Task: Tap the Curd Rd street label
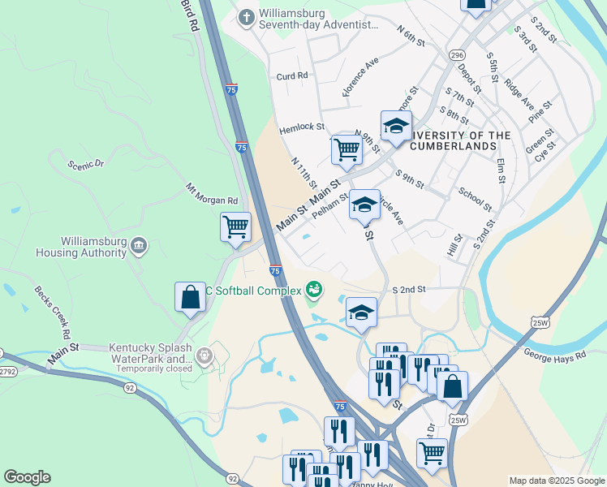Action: tap(292, 75)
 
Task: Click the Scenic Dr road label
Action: tap(87, 164)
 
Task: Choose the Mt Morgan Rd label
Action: tap(211, 194)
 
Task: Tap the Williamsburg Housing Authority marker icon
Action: tap(138, 244)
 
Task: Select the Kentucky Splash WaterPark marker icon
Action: tap(203, 355)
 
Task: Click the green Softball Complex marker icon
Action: tap(313, 289)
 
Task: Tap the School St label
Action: tap(476, 199)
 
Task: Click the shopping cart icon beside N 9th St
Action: tap(347, 149)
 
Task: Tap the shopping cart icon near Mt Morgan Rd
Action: tap(235, 226)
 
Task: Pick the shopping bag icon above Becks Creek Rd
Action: tap(190, 296)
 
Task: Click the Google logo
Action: tap(27, 477)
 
